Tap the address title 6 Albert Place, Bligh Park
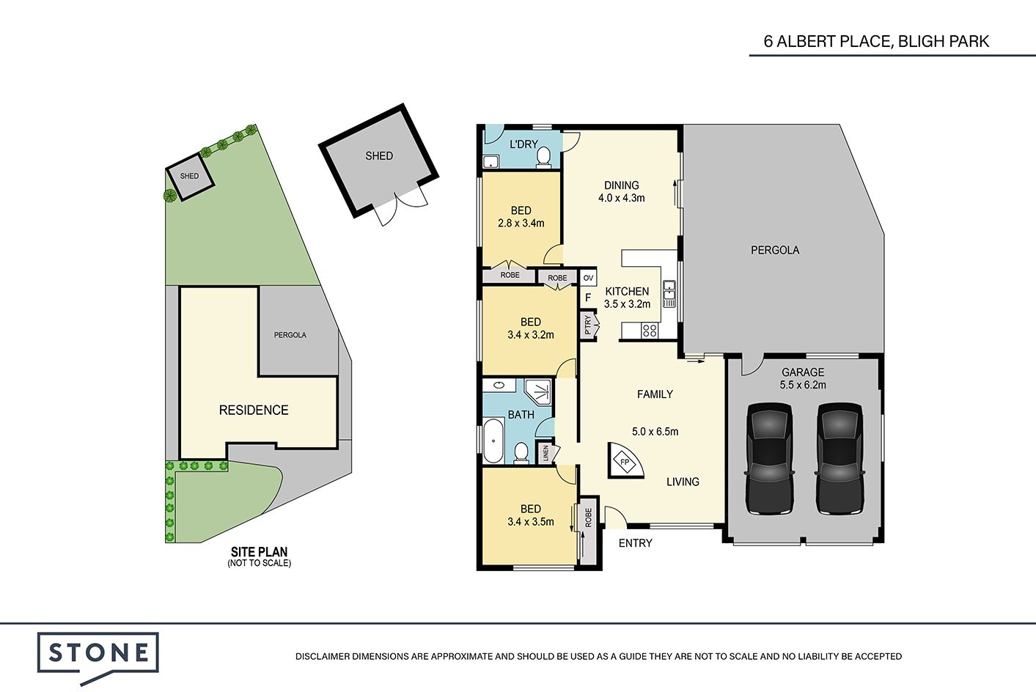point(876,42)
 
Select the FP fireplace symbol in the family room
point(625,461)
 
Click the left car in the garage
point(769,458)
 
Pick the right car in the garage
point(840,458)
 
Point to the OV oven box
point(588,278)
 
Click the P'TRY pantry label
point(587,325)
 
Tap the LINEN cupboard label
point(545,453)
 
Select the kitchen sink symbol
point(669,293)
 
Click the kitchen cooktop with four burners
point(650,330)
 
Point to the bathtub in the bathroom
point(493,440)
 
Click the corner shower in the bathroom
point(538,392)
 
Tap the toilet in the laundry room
point(543,156)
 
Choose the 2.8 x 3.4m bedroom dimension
point(521,224)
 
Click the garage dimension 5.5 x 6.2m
point(803,385)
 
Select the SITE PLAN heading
point(259,551)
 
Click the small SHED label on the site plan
point(189,176)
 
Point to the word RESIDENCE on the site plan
point(254,410)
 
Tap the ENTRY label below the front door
point(636,543)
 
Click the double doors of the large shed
point(402,207)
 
